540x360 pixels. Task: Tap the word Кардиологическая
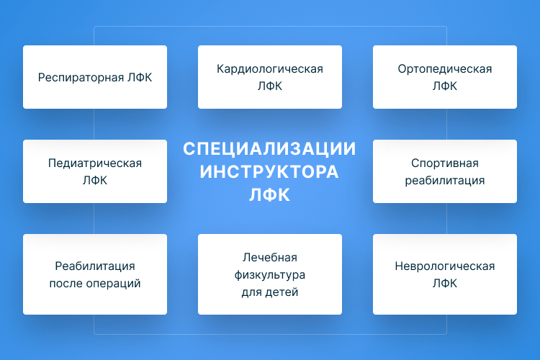tap(270, 69)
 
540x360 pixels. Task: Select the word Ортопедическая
tap(445, 69)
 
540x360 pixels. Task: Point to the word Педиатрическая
tap(95, 163)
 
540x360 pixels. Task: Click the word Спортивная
tap(445, 163)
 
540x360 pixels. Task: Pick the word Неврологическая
tap(445, 266)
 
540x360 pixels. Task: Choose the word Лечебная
tap(270, 257)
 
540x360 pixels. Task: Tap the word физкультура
tap(270, 275)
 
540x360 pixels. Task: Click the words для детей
tap(270, 292)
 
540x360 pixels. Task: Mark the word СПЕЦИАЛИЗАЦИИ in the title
tap(270, 149)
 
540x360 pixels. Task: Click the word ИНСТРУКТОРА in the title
tap(270, 172)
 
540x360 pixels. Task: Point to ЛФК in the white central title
tap(270, 195)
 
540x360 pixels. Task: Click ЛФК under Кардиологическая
tap(270, 86)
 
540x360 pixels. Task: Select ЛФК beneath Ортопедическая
tap(445, 86)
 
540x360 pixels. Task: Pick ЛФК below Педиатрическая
tap(95, 181)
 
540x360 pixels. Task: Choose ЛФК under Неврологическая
tap(445, 284)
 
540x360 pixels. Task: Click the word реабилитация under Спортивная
tap(445, 181)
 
